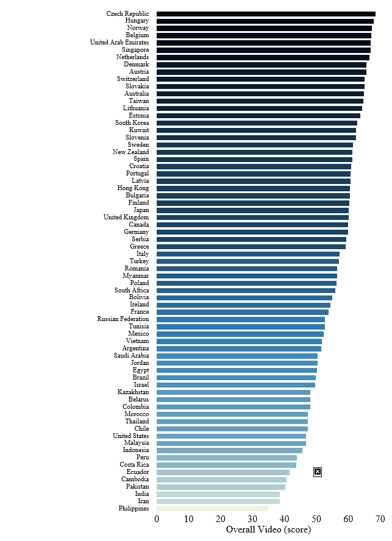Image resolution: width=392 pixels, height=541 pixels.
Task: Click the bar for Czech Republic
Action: coord(266,13)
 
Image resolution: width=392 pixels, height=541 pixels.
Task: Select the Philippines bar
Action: coord(212,509)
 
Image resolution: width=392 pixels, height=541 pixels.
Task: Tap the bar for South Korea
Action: coord(257,122)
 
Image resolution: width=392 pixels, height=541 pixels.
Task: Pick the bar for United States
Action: coord(231,436)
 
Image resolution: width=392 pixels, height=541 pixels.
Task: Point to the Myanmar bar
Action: coord(246,275)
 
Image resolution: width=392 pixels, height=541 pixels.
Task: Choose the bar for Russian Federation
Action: coord(240,319)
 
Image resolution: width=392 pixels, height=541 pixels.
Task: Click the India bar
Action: coord(218,494)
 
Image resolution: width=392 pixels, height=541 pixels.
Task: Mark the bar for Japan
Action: coord(252,210)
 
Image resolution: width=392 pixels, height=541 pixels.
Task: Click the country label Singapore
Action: coord(135,50)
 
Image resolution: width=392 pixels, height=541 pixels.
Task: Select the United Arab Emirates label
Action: coord(119,43)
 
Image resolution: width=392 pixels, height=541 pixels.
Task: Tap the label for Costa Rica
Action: coord(134,465)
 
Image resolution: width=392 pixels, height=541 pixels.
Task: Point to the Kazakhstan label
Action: coord(133,392)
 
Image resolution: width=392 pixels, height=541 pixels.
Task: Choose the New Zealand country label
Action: coord(130,152)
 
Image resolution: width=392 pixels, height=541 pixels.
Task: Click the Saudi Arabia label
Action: coord(131,356)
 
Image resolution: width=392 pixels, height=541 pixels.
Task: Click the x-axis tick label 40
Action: coord(284,519)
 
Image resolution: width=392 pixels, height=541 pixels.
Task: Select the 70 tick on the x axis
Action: coord(380,519)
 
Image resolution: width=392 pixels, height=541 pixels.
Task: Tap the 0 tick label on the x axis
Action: coord(157,519)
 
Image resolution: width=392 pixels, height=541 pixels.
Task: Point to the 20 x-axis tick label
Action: coord(221,519)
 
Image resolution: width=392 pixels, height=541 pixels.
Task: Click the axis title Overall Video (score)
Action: coord(268,530)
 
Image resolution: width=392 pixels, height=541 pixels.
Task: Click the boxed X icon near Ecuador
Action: coord(318,472)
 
